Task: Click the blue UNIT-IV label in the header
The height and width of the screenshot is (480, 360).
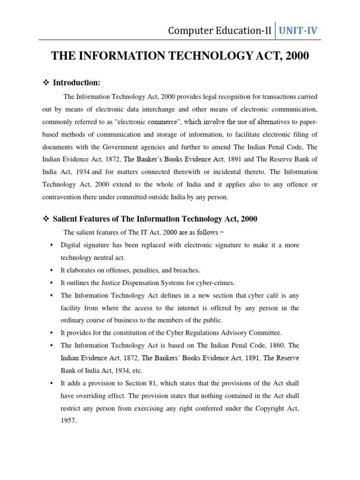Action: coord(298,31)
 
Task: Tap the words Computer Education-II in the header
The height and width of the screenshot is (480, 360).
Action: coord(220,31)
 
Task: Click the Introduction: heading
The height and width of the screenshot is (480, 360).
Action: coord(76,83)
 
